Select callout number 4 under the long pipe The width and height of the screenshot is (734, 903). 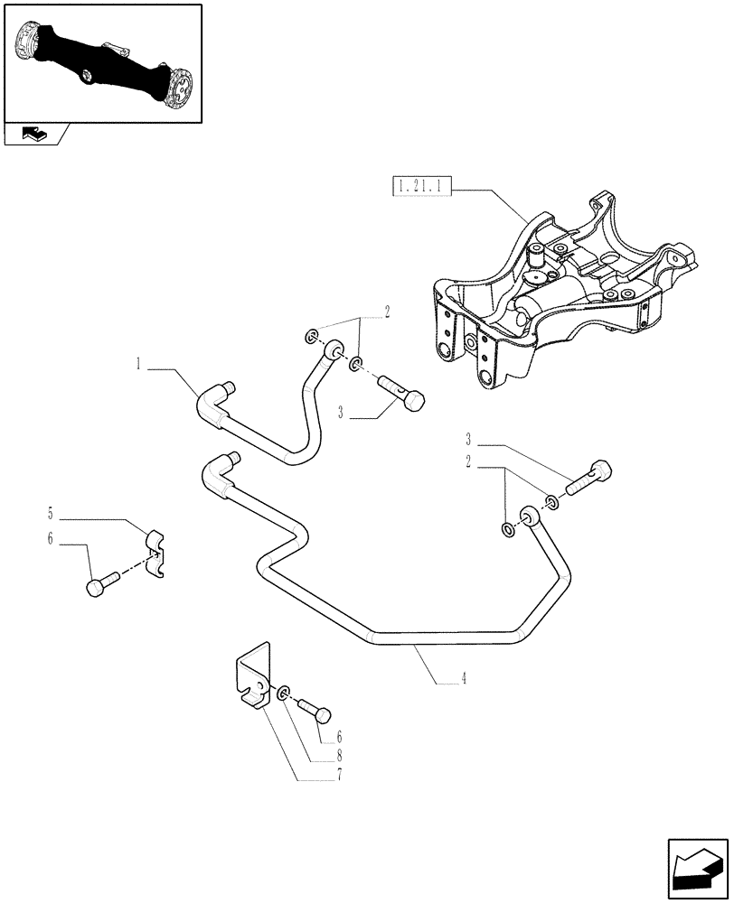[464, 678]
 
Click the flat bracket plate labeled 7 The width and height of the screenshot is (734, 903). [250, 678]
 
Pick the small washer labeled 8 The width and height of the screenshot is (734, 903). [285, 693]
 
